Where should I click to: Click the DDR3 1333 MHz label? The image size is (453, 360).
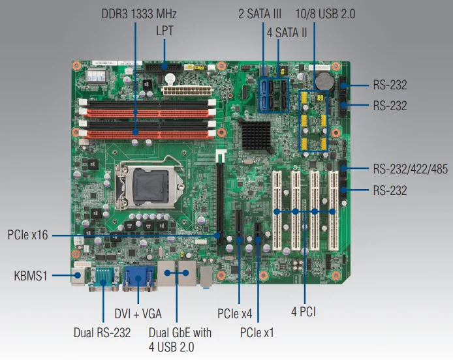139,14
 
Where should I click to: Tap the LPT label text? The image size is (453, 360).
164,30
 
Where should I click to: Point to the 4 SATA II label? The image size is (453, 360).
285,30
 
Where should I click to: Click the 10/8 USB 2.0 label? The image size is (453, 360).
325,14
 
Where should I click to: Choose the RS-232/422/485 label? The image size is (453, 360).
411,169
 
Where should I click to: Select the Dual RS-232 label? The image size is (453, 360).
102,333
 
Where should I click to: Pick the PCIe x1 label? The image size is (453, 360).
257,333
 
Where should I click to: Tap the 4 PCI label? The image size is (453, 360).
304,313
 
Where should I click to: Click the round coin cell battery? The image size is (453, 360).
324,81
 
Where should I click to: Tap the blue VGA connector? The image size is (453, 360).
138,277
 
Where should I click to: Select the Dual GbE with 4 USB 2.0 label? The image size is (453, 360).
171,340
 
